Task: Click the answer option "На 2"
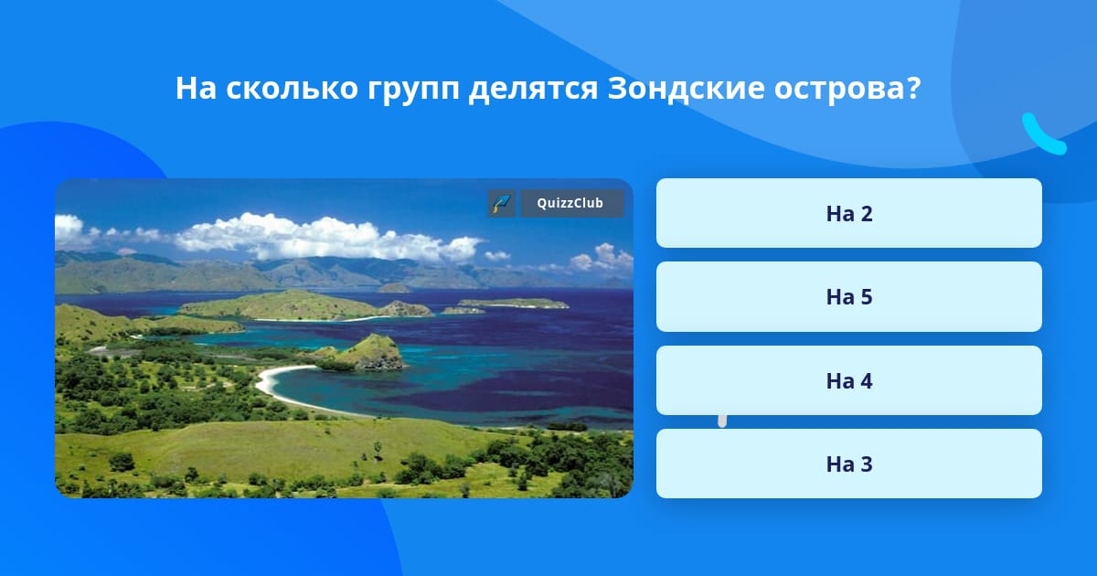848,213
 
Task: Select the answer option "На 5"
848,297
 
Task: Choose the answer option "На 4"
848,380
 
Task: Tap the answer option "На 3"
848,464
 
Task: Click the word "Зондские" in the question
686,88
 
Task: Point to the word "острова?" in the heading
847,89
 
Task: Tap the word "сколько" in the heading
292,88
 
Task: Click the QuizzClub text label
570,203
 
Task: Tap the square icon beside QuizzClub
502,203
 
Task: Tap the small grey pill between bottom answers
722,421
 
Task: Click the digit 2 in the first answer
867,214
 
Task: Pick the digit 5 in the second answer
867,297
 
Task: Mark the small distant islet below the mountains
393,289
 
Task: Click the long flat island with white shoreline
513,304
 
